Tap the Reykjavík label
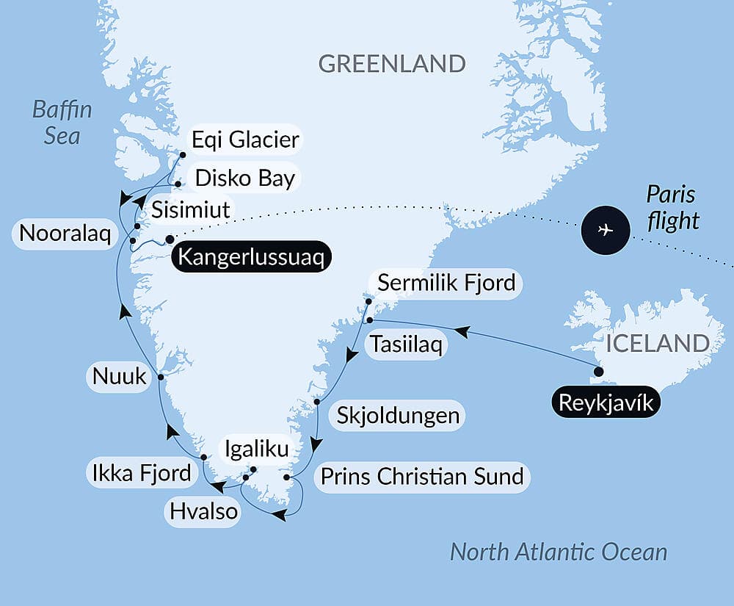[604, 403]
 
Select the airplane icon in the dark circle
[605, 230]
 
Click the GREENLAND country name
[392, 64]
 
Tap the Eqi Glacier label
[245, 140]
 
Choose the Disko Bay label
[244, 178]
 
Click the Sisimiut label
[190, 210]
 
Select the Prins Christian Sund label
[422, 476]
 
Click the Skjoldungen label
[398, 416]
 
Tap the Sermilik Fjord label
[446, 283]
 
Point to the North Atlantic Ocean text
[558, 552]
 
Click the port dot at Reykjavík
[598, 372]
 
